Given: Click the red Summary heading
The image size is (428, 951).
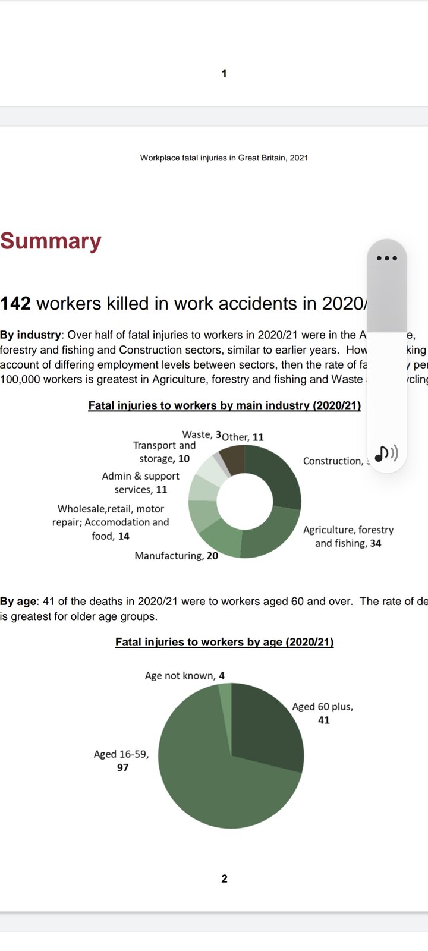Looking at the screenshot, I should tap(51, 241).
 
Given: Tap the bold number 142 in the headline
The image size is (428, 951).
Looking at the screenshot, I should tap(15, 303).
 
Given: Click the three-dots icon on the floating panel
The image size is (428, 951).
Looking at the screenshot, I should tap(386, 258).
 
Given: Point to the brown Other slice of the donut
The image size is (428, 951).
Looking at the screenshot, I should tap(234, 459).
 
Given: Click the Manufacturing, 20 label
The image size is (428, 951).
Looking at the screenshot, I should tap(176, 556).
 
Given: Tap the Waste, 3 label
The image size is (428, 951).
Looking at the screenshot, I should tap(202, 434).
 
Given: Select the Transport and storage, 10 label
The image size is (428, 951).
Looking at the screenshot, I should tap(163, 452).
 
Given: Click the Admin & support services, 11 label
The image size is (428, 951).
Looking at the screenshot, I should tap(140, 483).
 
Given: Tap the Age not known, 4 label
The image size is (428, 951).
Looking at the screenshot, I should tap(184, 676).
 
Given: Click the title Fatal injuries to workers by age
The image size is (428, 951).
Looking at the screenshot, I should tap(224, 642).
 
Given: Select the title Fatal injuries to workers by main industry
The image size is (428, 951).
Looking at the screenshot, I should tap(224, 405).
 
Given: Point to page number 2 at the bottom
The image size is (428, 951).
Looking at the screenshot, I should tap(224, 878).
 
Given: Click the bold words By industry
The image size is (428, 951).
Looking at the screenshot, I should tap(30, 335).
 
